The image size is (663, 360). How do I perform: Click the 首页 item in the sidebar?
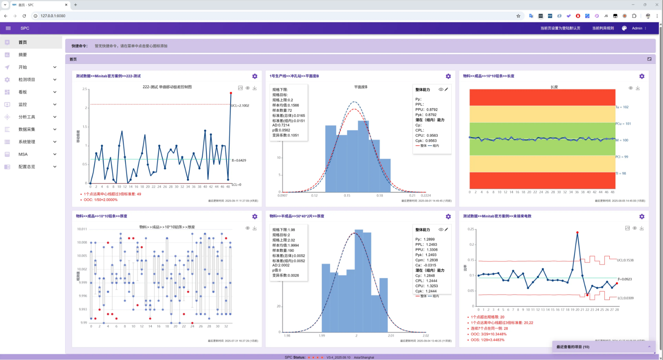tap(23, 42)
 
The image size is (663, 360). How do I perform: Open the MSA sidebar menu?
tap(23, 154)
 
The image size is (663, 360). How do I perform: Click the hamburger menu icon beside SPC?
tap(8, 28)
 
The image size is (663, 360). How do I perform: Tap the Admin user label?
tap(637, 28)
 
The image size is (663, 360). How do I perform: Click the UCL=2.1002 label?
tap(240, 106)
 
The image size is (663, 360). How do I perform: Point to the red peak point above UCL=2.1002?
tap(231, 93)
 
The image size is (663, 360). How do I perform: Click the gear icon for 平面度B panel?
tap(448, 76)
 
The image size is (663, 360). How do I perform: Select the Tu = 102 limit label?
tap(622, 107)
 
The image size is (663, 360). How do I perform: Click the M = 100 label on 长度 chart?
tap(622, 140)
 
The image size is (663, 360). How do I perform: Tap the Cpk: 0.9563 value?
tap(426, 140)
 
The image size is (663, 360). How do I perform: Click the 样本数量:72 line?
tap(282, 111)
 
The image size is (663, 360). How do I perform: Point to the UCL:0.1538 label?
tap(625, 260)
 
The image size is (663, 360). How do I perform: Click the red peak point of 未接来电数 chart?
tap(577, 233)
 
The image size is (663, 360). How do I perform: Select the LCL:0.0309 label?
tap(625, 298)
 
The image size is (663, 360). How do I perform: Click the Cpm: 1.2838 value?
tap(426, 260)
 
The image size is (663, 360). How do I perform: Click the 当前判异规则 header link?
tap(603, 28)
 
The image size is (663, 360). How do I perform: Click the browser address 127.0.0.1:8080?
tap(53, 16)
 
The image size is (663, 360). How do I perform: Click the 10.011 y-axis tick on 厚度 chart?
tap(82, 229)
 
